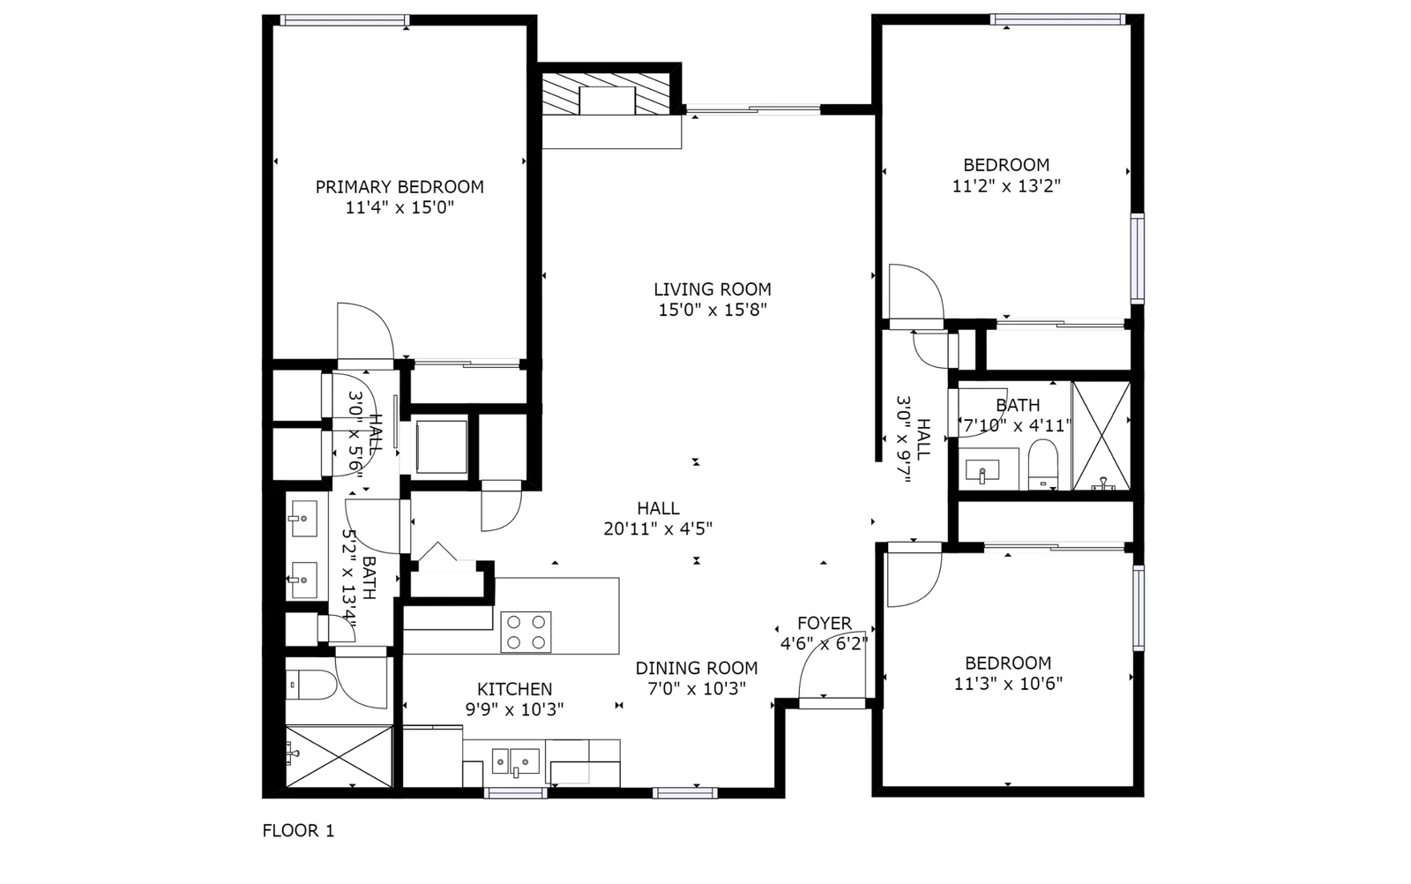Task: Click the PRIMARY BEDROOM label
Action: pyautogui.click(x=399, y=187)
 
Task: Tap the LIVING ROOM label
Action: pyautogui.click(x=713, y=289)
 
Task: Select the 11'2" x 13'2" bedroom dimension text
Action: pyautogui.click(x=1006, y=186)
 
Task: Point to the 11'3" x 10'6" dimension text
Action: pyautogui.click(x=1009, y=684)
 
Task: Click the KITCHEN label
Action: pyautogui.click(x=515, y=689)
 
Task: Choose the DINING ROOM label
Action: pyautogui.click(x=697, y=668)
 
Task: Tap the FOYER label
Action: pyautogui.click(x=825, y=623)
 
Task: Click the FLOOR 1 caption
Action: pyautogui.click(x=299, y=830)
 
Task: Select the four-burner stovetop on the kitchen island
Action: pyautogui.click(x=526, y=632)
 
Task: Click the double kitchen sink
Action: pyautogui.click(x=516, y=761)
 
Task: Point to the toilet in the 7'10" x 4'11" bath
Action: pyautogui.click(x=1042, y=464)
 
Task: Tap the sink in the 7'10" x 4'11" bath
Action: pyautogui.click(x=982, y=470)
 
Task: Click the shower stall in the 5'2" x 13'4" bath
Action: pyautogui.click(x=339, y=756)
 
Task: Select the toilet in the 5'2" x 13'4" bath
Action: pyautogui.click(x=312, y=685)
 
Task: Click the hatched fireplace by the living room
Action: pyautogui.click(x=607, y=94)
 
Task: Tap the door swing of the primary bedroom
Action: pyautogui.click(x=365, y=331)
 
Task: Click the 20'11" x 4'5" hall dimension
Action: pyautogui.click(x=658, y=528)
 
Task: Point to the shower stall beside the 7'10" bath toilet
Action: pyautogui.click(x=1101, y=436)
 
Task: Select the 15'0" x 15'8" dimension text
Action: pyautogui.click(x=713, y=310)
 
